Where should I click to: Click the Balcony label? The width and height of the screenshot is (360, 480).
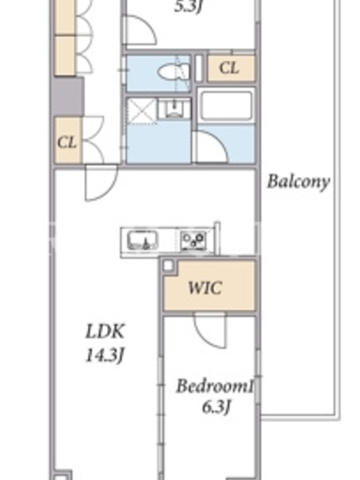point(298,182)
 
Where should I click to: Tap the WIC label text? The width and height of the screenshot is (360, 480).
point(205,288)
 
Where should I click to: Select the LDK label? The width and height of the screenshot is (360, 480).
point(105,331)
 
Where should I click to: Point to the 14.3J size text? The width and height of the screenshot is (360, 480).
point(105,355)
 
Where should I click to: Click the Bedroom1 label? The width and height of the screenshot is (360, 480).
point(215,386)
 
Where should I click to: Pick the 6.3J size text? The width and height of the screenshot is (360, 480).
point(216,407)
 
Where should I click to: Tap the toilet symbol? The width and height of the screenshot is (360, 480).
point(173,72)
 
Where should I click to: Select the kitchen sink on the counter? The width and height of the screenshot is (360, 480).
point(143,241)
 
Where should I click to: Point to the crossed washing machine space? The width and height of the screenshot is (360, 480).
point(141,111)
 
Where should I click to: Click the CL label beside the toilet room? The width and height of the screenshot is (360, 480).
point(229,68)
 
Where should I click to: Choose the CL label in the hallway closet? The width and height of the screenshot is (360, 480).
point(67,143)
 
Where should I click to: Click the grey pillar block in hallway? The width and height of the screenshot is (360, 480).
point(68,97)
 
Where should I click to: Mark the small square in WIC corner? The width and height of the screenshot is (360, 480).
point(168,265)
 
